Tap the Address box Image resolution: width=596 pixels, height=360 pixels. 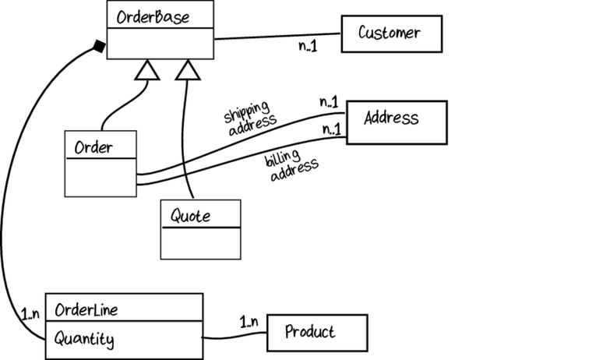(x=397, y=122)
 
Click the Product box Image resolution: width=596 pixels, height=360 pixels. (x=316, y=333)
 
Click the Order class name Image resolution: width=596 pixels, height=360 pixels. (x=93, y=146)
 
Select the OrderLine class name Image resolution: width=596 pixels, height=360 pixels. (x=86, y=309)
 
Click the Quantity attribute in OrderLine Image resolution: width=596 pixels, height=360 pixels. (x=85, y=339)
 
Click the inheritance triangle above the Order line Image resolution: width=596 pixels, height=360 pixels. (x=147, y=71)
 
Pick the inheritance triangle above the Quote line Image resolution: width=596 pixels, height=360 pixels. (x=186, y=71)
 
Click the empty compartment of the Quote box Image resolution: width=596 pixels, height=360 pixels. (x=200, y=243)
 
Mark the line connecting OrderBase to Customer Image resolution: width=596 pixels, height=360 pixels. (x=277, y=35)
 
